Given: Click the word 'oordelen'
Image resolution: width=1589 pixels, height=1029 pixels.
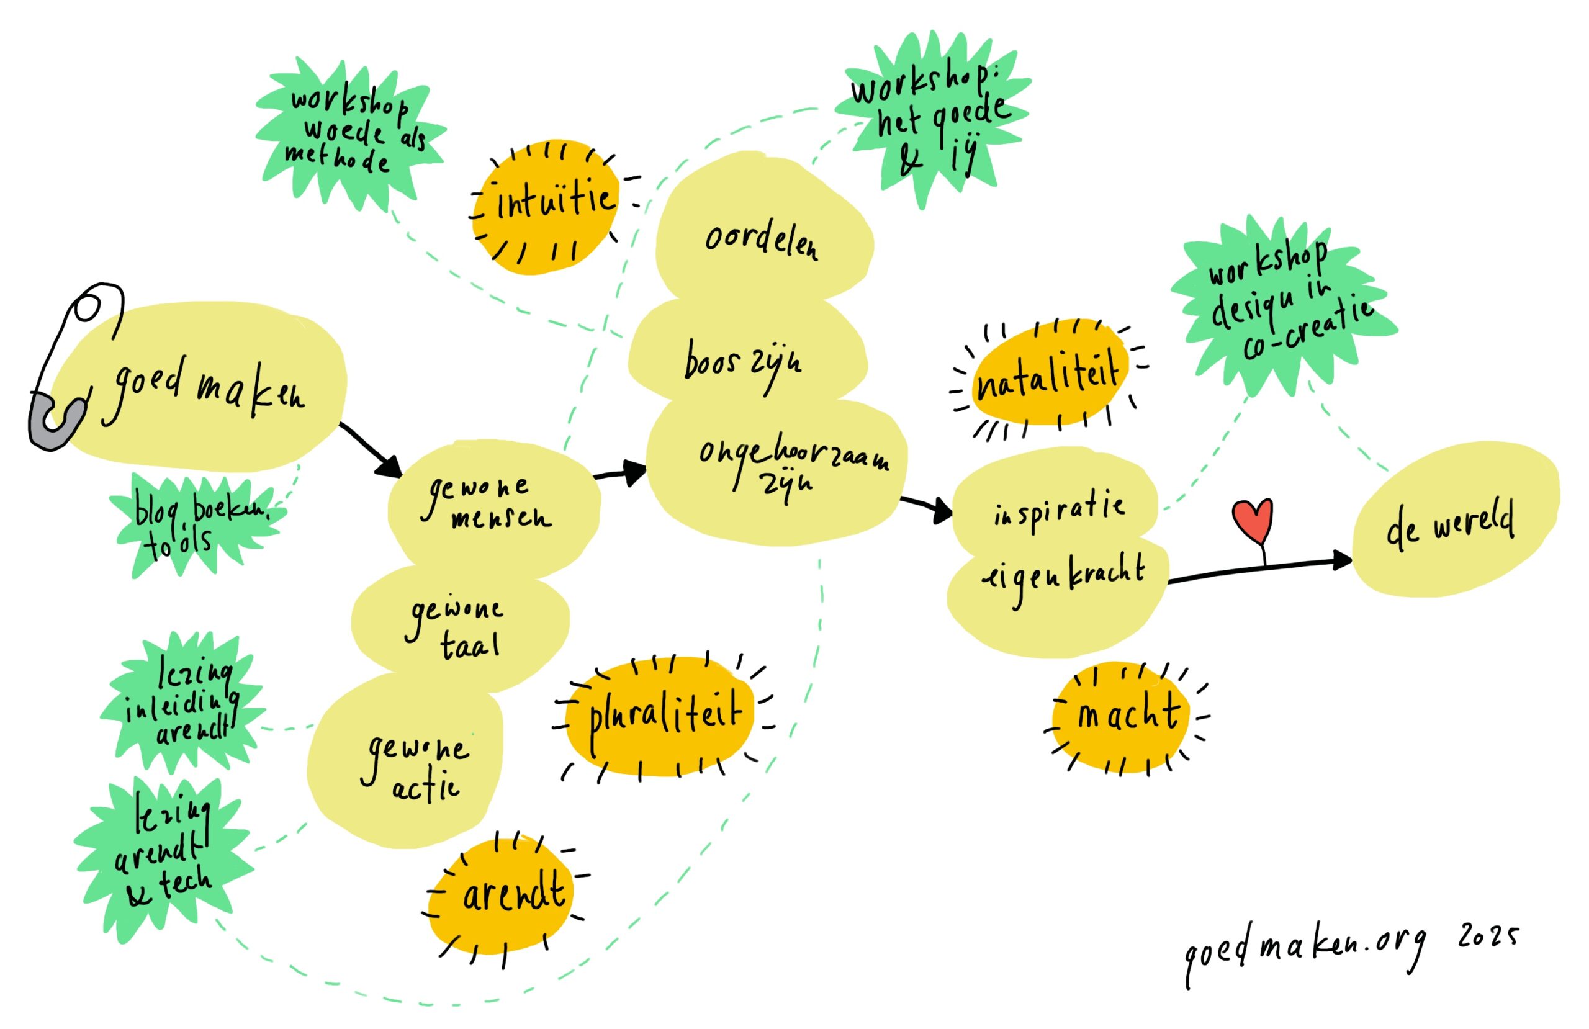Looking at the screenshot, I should tap(760, 241).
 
